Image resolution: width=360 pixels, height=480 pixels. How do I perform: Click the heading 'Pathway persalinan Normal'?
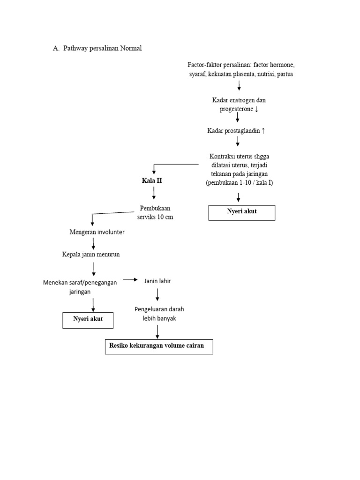click(x=102, y=48)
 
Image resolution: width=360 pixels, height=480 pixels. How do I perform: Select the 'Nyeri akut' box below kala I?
click(x=242, y=212)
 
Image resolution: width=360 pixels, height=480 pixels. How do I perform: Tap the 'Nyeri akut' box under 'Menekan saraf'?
click(x=88, y=320)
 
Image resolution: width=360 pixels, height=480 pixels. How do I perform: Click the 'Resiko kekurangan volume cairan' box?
click(x=158, y=346)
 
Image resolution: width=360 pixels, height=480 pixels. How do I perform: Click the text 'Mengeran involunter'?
click(x=97, y=232)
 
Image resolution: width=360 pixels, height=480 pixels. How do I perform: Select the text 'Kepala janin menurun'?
click(x=94, y=255)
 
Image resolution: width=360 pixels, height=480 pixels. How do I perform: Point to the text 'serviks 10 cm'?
click(x=155, y=217)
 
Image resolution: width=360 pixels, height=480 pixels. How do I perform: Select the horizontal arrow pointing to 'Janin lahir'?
click(x=130, y=280)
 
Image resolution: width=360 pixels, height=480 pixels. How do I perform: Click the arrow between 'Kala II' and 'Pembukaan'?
click(x=154, y=192)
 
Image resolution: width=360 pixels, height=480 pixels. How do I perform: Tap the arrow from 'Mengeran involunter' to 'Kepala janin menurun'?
click(x=94, y=243)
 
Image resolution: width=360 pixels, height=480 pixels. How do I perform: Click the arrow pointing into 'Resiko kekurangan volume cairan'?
click(x=157, y=331)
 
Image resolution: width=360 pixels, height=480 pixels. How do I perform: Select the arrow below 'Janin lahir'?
click(x=157, y=294)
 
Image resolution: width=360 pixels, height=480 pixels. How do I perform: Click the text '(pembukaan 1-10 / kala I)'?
click(x=239, y=183)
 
